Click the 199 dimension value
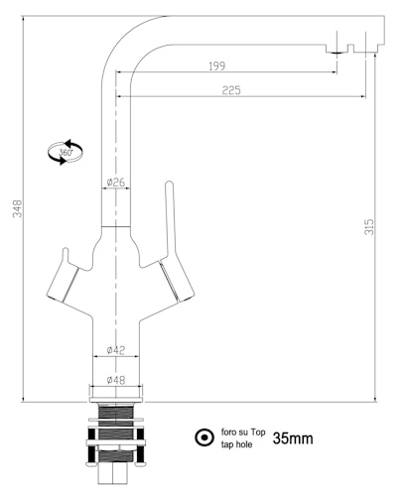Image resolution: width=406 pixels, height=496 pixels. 217,65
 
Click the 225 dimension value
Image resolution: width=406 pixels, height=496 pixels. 231,89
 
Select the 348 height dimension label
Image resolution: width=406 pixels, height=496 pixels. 16,208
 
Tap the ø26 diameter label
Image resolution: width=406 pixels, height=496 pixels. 115,183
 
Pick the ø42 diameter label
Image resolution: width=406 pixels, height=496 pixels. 115,349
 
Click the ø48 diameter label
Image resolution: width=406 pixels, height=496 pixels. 115,378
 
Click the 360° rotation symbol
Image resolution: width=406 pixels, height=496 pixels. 66,152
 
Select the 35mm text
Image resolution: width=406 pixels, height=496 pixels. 293,437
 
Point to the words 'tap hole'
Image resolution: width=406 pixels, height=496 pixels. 237,445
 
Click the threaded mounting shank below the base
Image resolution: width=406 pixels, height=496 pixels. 116,436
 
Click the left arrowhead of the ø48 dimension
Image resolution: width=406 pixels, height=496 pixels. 93,385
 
